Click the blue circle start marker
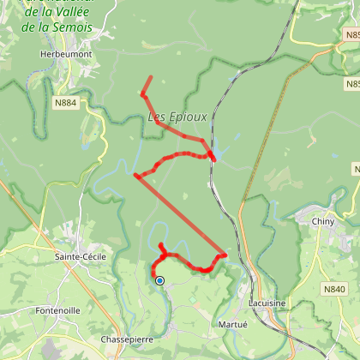159,280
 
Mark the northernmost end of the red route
151,77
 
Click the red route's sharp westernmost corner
135,176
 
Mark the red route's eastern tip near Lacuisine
225,255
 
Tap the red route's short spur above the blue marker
161,249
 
